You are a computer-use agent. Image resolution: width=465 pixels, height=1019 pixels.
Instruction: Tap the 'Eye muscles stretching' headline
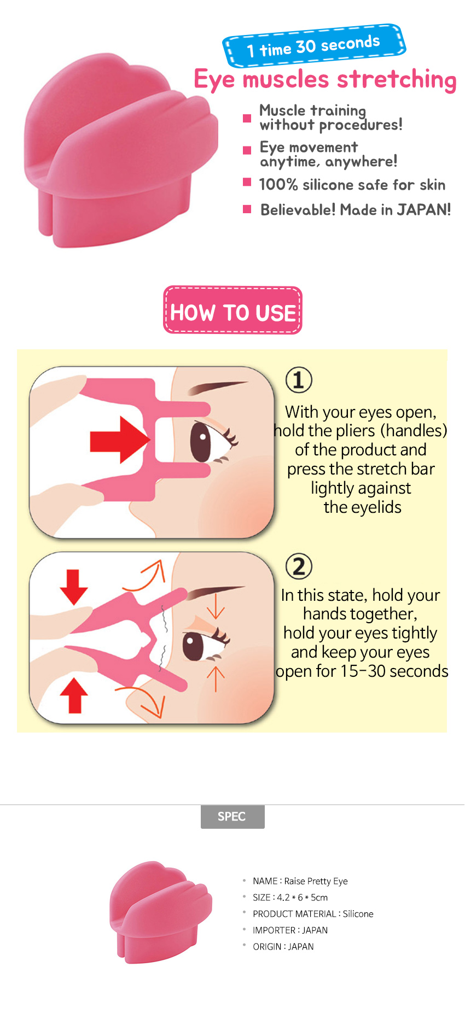pyautogui.click(x=326, y=80)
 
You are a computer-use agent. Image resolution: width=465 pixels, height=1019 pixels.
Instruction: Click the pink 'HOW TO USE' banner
pyautogui.click(x=233, y=310)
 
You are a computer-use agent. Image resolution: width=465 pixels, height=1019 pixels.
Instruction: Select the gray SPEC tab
pyautogui.click(x=233, y=816)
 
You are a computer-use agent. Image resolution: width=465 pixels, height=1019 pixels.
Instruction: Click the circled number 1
pyautogui.click(x=299, y=380)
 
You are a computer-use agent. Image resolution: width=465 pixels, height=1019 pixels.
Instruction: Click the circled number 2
pyautogui.click(x=299, y=566)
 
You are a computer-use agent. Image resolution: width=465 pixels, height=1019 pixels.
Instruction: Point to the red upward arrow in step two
pyautogui.click(x=74, y=695)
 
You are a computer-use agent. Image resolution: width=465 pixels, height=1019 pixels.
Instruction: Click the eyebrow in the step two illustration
pyautogui.click(x=216, y=592)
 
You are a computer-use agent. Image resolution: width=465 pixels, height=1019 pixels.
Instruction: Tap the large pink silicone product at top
pyautogui.click(x=121, y=150)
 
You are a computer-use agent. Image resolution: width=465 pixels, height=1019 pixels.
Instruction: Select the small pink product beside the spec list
pyautogui.click(x=161, y=912)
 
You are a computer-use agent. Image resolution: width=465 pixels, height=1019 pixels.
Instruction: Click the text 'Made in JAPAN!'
pyautogui.click(x=396, y=210)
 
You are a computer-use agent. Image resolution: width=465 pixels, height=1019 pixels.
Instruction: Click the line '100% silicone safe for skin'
pyautogui.click(x=352, y=185)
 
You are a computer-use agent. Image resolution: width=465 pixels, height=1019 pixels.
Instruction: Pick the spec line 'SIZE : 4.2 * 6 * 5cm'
pyautogui.click(x=290, y=898)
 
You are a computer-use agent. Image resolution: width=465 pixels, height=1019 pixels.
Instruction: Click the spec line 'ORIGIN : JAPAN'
pyautogui.click(x=283, y=947)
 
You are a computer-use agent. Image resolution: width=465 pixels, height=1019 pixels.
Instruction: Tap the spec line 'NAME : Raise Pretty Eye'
pyautogui.click(x=300, y=881)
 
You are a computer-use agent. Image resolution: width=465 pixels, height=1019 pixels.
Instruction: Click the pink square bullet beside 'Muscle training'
pyautogui.click(x=247, y=118)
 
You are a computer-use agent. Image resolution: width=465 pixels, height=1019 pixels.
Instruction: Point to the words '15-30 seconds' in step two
pyautogui.click(x=394, y=671)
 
